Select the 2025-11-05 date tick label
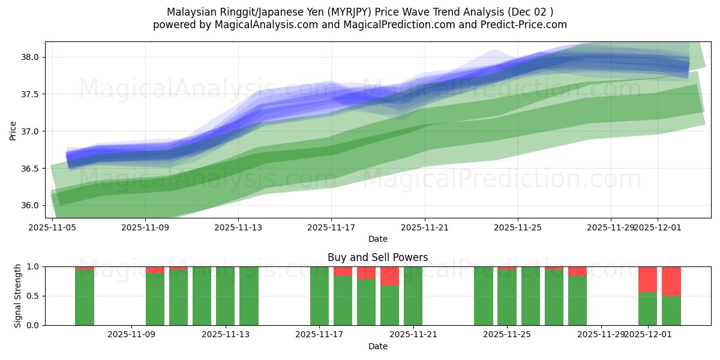[x=52, y=227]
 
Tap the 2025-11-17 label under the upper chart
[x=331, y=227]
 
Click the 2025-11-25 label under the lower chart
[x=507, y=334]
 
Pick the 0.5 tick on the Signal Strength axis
[x=32, y=296]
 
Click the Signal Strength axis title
[x=17, y=296]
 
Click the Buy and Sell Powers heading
[x=378, y=257]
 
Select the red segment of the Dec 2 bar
[x=671, y=281]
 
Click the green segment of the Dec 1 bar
[x=648, y=308]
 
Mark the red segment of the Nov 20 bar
[x=390, y=276]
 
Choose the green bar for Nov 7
[x=85, y=298]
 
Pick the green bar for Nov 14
[x=249, y=296]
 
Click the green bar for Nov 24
[x=484, y=296]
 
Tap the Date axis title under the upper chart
[x=378, y=239]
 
